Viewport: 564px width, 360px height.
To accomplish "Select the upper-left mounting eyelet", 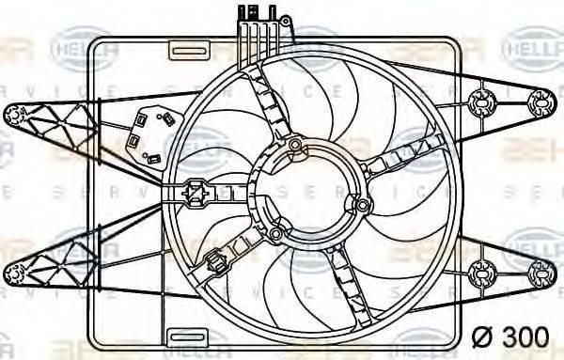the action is [13, 115].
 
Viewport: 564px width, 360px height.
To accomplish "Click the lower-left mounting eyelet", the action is [13, 274].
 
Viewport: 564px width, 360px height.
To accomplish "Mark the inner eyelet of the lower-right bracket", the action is [485, 273].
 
